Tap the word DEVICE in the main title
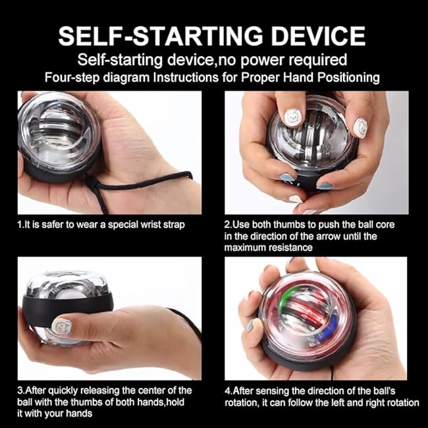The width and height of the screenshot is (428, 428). pyautogui.click(x=310, y=35)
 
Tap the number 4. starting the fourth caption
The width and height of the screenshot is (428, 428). pyautogui.click(x=228, y=391)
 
